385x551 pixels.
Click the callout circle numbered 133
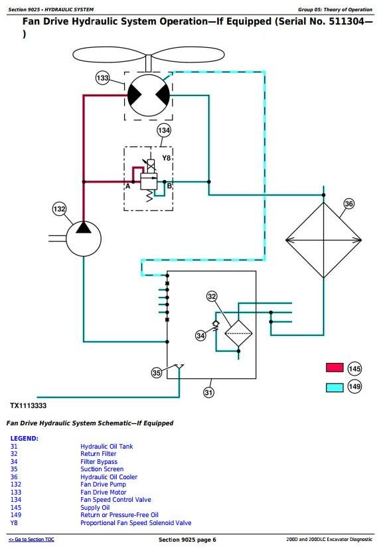pyautogui.click(x=102, y=78)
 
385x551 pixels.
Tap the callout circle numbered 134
pyautogui.click(x=164, y=131)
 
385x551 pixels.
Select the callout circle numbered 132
pyautogui.click(x=59, y=209)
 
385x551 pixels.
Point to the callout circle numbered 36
pyautogui.click(x=349, y=204)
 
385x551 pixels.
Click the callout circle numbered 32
pyautogui.click(x=212, y=296)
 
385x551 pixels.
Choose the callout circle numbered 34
pyautogui.click(x=200, y=336)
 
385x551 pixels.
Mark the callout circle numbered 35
pyautogui.click(x=157, y=373)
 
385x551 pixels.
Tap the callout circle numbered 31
pyautogui.click(x=209, y=393)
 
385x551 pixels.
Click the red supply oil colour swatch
pyautogui.click(x=335, y=367)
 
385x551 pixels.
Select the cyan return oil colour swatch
pyautogui.click(x=335, y=387)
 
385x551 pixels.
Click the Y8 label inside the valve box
pyautogui.click(x=167, y=158)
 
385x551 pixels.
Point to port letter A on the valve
pyautogui.click(x=127, y=186)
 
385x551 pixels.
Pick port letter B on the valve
pyautogui.click(x=169, y=186)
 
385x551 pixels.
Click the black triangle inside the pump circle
pyautogui.click(x=84, y=227)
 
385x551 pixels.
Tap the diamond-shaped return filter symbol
pyautogui.click(x=238, y=333)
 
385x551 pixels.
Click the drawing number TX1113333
pyautogui.click(x=28, y=405)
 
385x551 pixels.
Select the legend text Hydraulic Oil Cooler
pyautogui.click(x=109, y=477)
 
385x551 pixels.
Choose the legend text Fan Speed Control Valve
pyautogui.click(x=116, y=500)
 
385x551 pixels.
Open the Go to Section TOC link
pyautogui.click(x=32, y=540)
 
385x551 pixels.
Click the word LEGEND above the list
pyautogui.click(x=24, y=439)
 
